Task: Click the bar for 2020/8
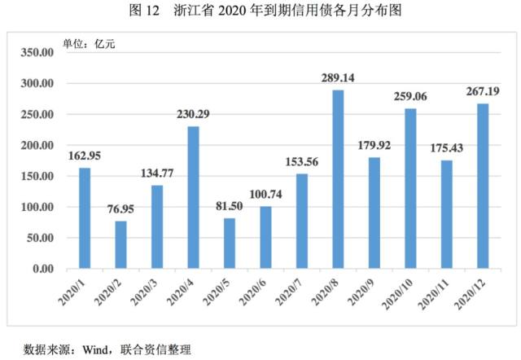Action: point(338,179)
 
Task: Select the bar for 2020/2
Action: point(120,244)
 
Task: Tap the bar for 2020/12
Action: point(483,187)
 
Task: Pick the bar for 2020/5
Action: point(230,244)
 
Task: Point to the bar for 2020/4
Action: point(194,197)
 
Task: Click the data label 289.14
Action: point(338,78)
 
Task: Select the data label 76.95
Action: point(120,209)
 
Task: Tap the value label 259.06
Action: point(410,96)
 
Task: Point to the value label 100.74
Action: point(265,194)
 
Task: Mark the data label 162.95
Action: point(85,156)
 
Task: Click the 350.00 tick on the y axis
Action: point(37,52)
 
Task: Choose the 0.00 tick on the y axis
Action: point(43,269)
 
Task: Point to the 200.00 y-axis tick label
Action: point(37,145)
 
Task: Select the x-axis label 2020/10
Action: point(397,293)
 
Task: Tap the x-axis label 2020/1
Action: point(72,292)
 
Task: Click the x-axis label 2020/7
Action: point(289,292)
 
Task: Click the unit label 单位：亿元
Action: point(89,43)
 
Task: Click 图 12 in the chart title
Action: point(145,11)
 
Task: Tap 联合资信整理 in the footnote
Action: point(155,349)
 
